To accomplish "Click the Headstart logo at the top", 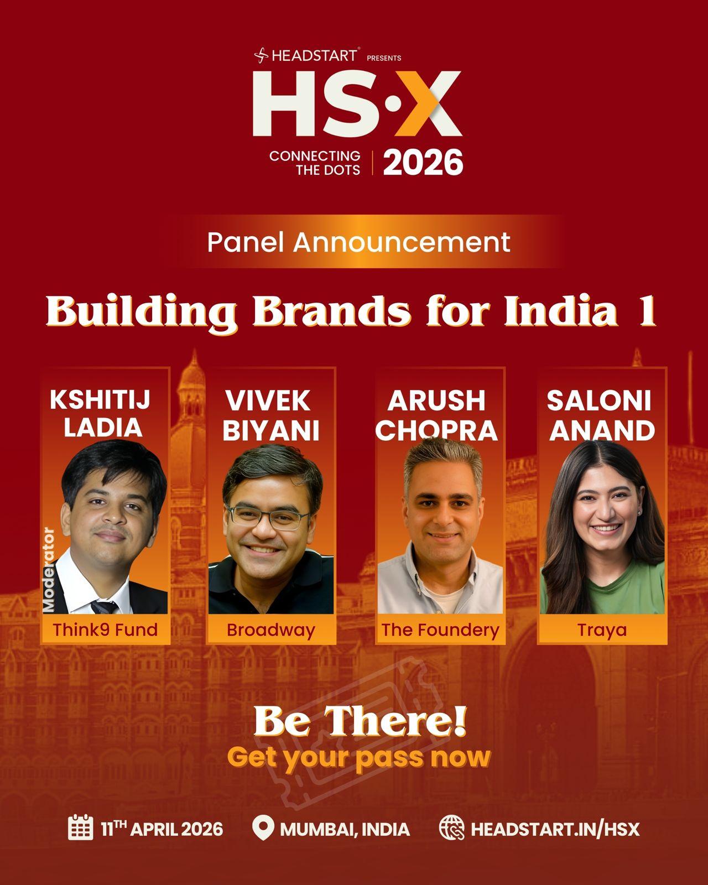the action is pos(305,55).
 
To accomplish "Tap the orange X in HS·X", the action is pos(428,103).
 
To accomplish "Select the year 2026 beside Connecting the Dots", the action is pos(423,163).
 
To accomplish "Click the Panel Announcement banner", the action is pos(359,242).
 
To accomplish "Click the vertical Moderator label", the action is pos(49,570).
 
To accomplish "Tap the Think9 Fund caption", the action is pos(105,629).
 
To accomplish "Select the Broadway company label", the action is pos(270,630).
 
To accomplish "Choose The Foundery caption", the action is pos(440,630).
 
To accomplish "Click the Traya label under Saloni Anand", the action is pos(602,631).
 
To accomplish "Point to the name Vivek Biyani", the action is pos(271,415).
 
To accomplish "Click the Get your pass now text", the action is pos(359,758).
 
